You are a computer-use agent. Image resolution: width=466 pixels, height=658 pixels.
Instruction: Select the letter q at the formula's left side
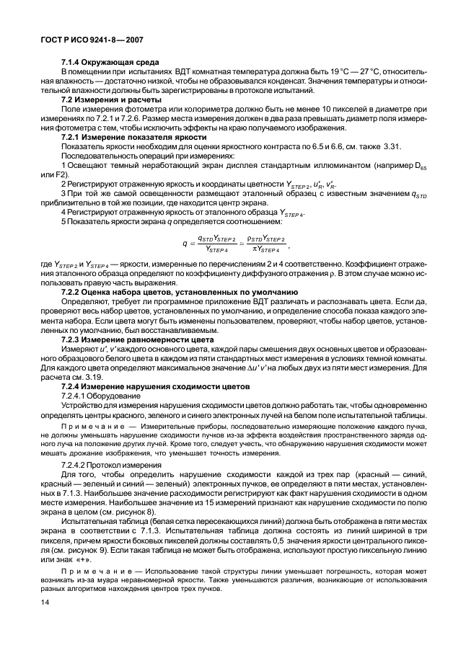(184, 244)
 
